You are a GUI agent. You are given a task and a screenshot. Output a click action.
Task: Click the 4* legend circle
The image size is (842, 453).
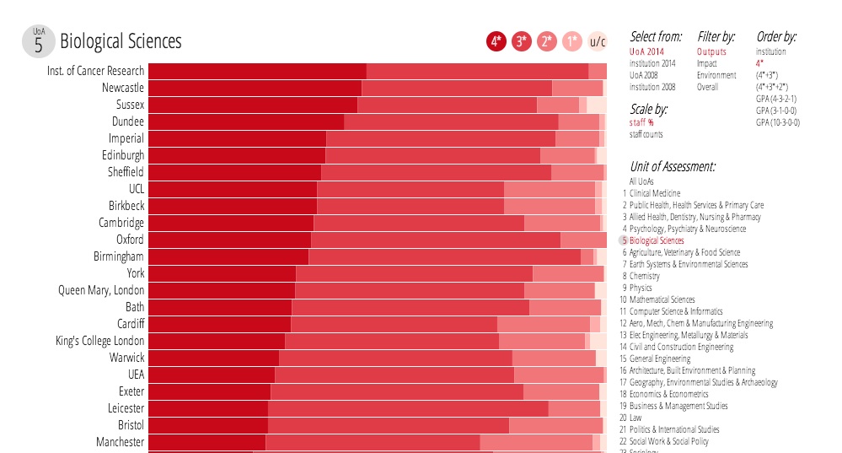tap(496, 41)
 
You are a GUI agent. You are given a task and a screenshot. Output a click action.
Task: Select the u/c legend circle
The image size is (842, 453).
tap(598, 41)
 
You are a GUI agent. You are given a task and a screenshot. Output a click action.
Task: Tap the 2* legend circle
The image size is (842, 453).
tap(547, 41)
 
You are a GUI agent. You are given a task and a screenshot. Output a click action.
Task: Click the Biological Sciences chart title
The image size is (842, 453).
tap(121, 41)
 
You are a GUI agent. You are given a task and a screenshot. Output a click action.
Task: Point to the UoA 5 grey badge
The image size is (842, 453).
tap(39, 41)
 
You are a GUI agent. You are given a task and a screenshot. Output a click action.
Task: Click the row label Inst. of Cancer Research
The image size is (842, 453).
tap(95, 71)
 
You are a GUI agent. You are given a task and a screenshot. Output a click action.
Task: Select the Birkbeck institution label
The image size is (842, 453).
tap(126, 206)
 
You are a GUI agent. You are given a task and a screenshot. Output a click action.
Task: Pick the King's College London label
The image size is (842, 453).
tap(100, 341)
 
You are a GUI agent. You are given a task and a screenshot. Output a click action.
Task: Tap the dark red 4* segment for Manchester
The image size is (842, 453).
tap(207, 442)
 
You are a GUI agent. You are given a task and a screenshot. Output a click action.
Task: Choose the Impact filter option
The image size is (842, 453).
tap(707, 63)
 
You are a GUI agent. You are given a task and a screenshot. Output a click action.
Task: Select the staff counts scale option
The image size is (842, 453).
tap(646, 134)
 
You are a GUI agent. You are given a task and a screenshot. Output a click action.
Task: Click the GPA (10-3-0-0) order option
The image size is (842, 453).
tap(778, 122)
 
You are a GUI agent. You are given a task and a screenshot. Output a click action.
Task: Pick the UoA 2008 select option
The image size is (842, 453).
tap(646, 75)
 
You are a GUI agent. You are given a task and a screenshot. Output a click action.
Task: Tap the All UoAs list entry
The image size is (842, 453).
tap(641, 181)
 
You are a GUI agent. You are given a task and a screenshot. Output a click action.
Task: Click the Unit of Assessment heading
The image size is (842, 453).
tap(673, 166)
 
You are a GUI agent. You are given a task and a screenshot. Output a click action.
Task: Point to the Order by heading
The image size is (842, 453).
tap(776, 37)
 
